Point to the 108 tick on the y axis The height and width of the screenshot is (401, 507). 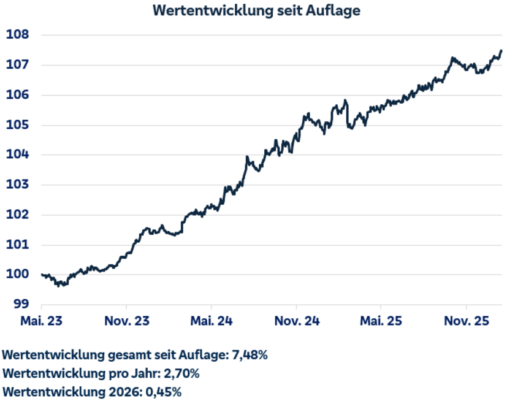(18, 35)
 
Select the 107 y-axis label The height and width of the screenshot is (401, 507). (18, 65)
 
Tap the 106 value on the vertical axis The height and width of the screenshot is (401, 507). (18, 95)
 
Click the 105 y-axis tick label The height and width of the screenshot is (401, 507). (18, 125)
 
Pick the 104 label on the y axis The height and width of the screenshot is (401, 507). (18, 155)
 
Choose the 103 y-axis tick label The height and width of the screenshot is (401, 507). (18, 185)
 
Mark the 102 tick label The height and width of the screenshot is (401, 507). (18, 215)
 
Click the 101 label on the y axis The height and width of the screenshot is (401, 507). (18, 245)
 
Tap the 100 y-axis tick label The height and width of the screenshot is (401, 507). (18, 275)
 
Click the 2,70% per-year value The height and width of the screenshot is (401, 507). (181, 373)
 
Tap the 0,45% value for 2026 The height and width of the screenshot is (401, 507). (162, 392)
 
